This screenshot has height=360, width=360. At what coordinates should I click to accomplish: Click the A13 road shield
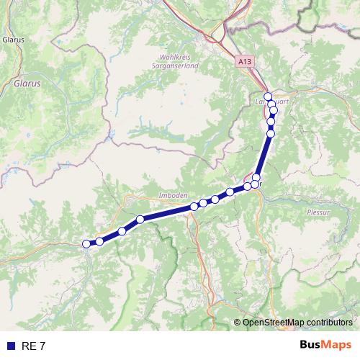click(x=246, y=63)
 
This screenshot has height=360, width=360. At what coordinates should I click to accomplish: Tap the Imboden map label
click(x=172, y=195)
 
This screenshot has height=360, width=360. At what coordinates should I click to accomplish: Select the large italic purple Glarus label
click(x=27, y=84)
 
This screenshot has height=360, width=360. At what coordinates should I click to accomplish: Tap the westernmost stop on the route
click(x=86, y=244)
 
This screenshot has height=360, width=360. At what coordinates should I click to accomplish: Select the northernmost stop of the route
click(x=268, y=96)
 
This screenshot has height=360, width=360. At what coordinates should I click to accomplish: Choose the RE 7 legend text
click(x=34, y=346)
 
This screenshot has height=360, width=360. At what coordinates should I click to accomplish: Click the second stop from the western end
click(x=99, y=241)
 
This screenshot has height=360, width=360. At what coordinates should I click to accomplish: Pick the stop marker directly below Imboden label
click(x=194, y=207)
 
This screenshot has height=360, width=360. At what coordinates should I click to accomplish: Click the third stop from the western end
click(x=122, y=231)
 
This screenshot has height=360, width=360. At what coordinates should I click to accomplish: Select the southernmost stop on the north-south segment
click(x=254, y=184)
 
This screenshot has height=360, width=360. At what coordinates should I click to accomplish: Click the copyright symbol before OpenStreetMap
click(x=238, y=323)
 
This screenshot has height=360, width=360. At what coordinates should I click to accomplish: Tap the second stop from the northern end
click(x=271, y=104)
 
